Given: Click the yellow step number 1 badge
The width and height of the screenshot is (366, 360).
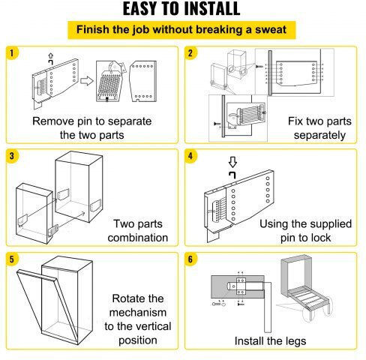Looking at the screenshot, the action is click(x=12, y=53).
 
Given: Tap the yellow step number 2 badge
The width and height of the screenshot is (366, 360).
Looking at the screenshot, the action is click(x=190, y=53).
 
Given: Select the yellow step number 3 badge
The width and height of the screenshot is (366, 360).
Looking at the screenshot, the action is click(x=12, y=156).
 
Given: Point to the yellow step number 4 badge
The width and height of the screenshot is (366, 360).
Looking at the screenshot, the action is click(x=190, y=156).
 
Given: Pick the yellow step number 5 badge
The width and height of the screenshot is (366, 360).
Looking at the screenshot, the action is click(x=12, y=259).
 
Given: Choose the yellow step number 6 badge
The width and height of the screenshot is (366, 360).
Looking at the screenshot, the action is click(x=190, y=259).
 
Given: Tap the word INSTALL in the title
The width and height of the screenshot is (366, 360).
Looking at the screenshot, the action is click(x=211, y=9).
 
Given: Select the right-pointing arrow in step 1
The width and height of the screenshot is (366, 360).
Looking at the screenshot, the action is click(x=87, y=81).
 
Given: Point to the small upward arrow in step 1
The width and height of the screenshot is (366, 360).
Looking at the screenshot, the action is click(x=51, y=55).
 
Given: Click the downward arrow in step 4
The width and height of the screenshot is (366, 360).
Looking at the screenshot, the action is click(x=232, y=162).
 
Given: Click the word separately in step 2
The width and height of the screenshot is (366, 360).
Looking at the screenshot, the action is click(x=319, y=136).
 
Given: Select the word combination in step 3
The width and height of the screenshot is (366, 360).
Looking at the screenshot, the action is click(x=138, y=238).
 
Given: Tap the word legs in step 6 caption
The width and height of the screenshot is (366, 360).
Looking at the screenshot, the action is click(x=296, y=342).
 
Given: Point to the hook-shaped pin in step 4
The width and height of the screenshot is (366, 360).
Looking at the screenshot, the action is click(x=232, y=175).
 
